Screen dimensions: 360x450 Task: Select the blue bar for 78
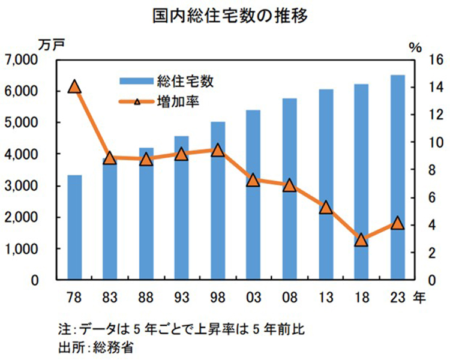pos(74,227)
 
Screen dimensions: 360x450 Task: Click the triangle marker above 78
pos(74,87)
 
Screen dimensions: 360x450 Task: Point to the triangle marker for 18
pos(361,240)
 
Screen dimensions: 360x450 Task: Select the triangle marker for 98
pos(218,150)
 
